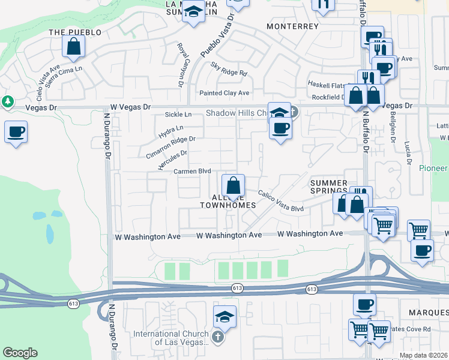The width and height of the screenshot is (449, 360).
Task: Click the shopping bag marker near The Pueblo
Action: tap(73, 46)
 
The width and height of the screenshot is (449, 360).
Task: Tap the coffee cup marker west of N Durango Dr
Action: tap(16, 131)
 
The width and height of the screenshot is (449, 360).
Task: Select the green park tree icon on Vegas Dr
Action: tap(8, 101)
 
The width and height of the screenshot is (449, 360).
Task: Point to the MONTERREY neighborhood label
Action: tap(292, 27)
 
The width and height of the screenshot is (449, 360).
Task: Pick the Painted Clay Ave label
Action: tap(224, 93)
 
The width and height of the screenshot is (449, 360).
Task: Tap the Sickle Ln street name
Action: tap(178, 114)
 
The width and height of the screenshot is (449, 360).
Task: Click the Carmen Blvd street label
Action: tap(192, 171)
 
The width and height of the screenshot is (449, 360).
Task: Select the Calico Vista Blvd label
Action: tap(281, 200)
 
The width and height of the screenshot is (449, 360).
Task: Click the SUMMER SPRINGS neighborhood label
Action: tap(328, 187)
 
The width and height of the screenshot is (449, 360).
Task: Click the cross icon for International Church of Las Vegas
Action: tap(217, 337)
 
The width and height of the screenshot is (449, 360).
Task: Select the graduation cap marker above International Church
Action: tap(225, 316)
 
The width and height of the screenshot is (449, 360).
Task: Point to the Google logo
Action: tap(20, 353)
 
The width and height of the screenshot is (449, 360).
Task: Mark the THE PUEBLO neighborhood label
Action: tap(74, 32)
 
